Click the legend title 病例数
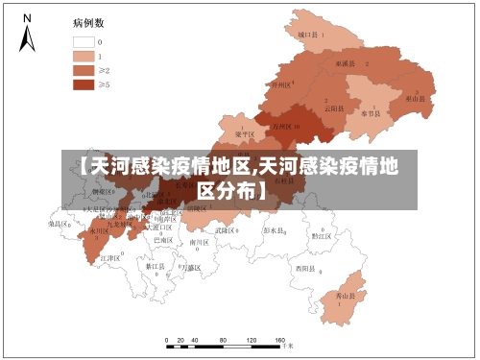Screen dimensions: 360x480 (x=89, y=22)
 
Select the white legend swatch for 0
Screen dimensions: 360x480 (x=84, y=42)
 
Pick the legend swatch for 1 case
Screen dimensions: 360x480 (x=84, y=56)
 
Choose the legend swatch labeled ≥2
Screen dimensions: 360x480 (x=84, y=70)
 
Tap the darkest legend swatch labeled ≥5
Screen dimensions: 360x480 (x=84, y=84)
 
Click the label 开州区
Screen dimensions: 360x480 (x=282, y=85)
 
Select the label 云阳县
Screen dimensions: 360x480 (x=334, y=108)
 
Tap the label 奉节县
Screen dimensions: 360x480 (x=371, y=112)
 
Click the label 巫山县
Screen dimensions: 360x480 (x=416, y=98)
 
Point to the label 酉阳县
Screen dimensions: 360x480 (x=306, y=268)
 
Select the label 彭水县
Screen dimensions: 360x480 (x=275, y=230)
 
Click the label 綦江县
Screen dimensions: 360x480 (x=156, y=266)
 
